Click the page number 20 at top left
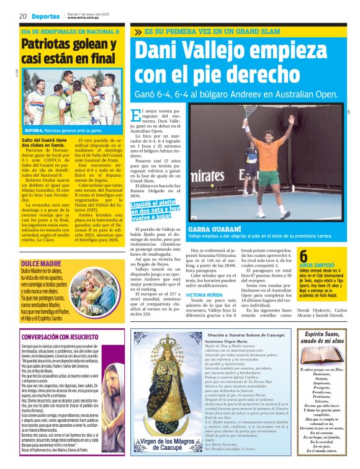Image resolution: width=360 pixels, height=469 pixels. click(x=22, y=16)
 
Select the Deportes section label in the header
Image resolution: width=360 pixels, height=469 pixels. click(x=46, y=17)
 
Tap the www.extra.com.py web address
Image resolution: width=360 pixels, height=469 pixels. click(x=83, y=18)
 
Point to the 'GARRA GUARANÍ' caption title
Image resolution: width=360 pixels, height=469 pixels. click(x=209, y=230)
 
